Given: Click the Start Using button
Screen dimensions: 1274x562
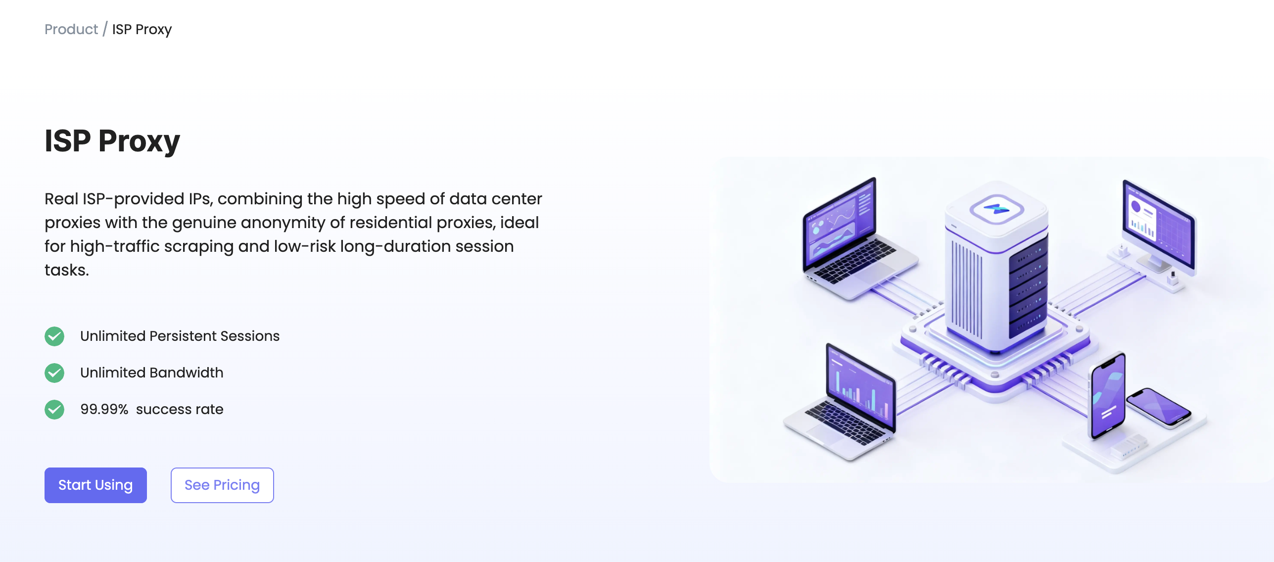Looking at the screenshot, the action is [x=95, y=485].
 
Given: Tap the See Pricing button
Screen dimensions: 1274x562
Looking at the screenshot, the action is [x=222, y=485].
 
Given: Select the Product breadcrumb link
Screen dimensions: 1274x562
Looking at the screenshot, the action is [x=71, y=29].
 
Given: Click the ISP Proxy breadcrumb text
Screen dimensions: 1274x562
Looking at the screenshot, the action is [x=142, y=29].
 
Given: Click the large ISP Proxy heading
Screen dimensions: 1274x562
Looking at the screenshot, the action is [x=112, y=141].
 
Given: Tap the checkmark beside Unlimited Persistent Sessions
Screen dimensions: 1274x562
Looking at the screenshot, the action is [x=54, y=336].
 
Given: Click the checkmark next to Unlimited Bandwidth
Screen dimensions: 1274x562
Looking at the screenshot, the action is [x=54, y=373].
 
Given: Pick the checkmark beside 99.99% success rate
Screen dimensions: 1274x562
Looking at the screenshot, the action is [x=54, y=410].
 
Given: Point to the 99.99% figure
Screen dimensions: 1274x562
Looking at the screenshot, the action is [x=104, y=409].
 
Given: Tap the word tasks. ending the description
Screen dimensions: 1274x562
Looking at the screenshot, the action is [x=67, y=270].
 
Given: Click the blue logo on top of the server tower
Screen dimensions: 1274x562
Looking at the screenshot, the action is [x=996, y=208].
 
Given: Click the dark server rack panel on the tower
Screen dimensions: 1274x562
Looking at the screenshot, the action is [x=1028, y=287].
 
